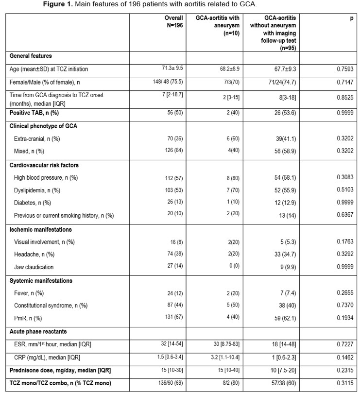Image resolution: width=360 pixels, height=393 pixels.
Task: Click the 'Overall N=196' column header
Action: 173,21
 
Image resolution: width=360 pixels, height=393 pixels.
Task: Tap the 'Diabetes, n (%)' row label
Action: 34,203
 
